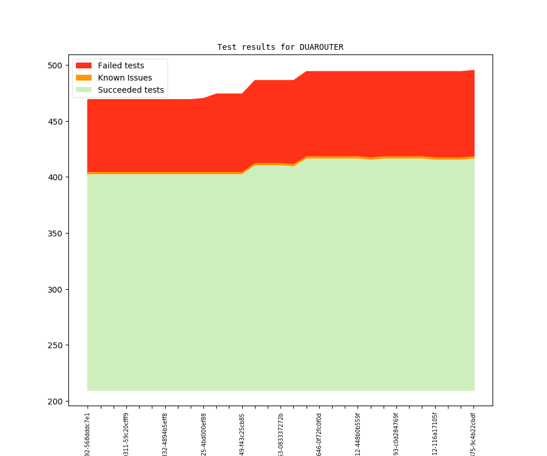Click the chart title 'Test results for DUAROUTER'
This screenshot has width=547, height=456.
point(280,47)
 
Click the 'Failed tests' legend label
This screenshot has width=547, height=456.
point(121,65)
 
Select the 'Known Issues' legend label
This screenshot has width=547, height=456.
point(125,78)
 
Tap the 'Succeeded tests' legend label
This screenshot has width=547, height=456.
point(130,90)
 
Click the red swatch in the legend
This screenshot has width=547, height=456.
point(84,65)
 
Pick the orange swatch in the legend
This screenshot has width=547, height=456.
point(84,78)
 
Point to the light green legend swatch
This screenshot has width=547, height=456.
point(84,90)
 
